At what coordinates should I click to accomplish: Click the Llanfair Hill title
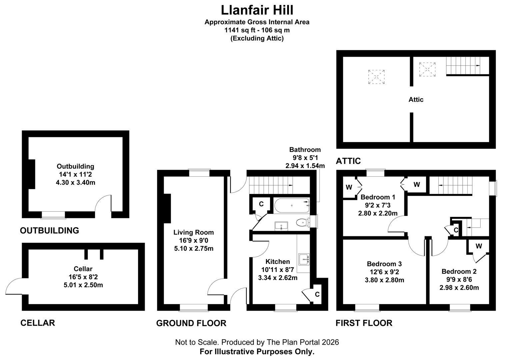257,10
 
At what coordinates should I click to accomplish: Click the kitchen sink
304,258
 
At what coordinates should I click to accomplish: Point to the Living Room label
193,232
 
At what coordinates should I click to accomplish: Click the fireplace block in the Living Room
167,208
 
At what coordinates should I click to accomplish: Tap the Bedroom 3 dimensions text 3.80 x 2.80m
384,280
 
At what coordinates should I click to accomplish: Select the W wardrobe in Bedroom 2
478,247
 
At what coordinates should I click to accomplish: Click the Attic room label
416,99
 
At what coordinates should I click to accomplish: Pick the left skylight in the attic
376,77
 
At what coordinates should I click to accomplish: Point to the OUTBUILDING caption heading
49,230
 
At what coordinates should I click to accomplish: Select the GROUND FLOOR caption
191,323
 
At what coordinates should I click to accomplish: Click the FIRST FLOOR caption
364,323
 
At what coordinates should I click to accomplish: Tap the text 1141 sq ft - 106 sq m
257,30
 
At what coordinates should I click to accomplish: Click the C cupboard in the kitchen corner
317,294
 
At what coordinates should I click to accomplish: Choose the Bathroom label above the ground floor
305,150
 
